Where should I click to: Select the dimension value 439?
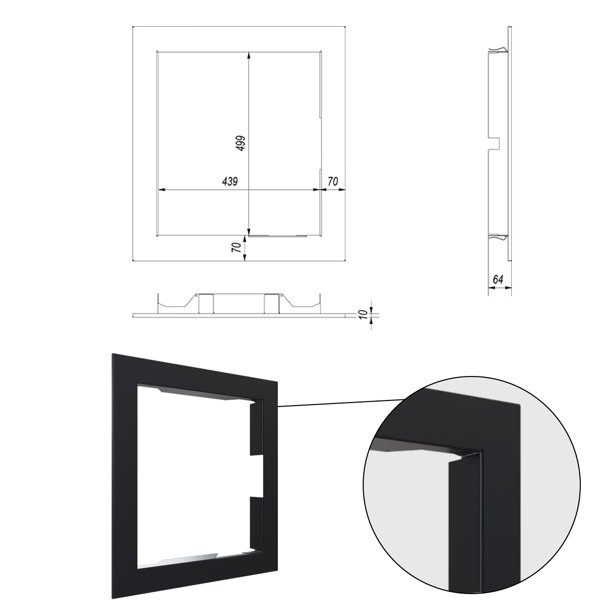(x=230, y=181)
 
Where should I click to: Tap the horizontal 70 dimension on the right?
(x=333, y=181)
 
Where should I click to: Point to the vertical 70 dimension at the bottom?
(x=237, y=247)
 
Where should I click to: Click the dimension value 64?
(x=498, y=279)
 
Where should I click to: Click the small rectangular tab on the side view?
(x=494, y=144)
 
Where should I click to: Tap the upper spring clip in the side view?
(x=498, y=50)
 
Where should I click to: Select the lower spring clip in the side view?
(x=498, y=237)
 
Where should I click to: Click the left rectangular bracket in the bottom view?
(x=206, y=303)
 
